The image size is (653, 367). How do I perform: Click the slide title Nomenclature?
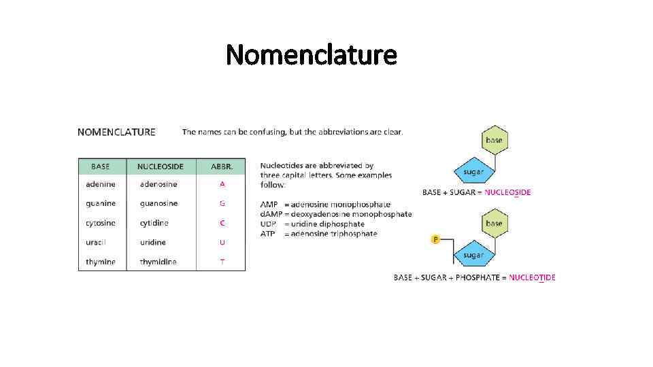(311, 54)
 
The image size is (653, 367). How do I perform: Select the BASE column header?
(101, 167)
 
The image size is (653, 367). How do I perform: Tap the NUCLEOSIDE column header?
(160, 167)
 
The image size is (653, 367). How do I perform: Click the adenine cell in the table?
(101, 184)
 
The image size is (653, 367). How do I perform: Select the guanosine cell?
(158, 203)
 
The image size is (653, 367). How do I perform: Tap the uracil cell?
(96, 243)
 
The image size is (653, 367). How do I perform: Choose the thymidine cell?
(158, 262)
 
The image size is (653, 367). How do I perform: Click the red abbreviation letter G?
(222, 203)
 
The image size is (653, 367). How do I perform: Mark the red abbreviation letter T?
(222, 262)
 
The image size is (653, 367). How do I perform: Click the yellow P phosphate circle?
(435, 239)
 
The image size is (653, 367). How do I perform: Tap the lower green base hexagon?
(494, 223)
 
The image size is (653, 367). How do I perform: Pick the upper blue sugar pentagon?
(473, 171)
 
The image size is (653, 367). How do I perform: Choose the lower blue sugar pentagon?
(473, 254)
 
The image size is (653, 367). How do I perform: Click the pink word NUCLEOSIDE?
(507, 192)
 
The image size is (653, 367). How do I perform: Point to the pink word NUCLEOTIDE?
(532, 277)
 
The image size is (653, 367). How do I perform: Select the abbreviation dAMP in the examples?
(271, 214)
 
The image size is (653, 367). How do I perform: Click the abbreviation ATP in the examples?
(268, 234)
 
